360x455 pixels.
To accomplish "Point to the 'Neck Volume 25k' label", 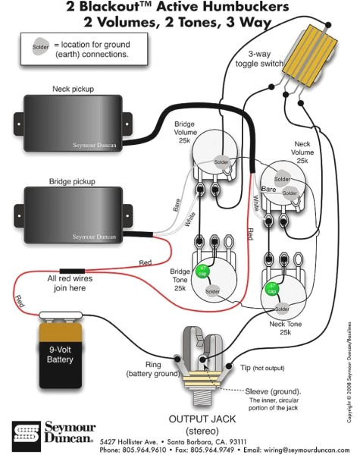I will [x=302, y=152].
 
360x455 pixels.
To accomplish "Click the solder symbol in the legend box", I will [x=40, y=46].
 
